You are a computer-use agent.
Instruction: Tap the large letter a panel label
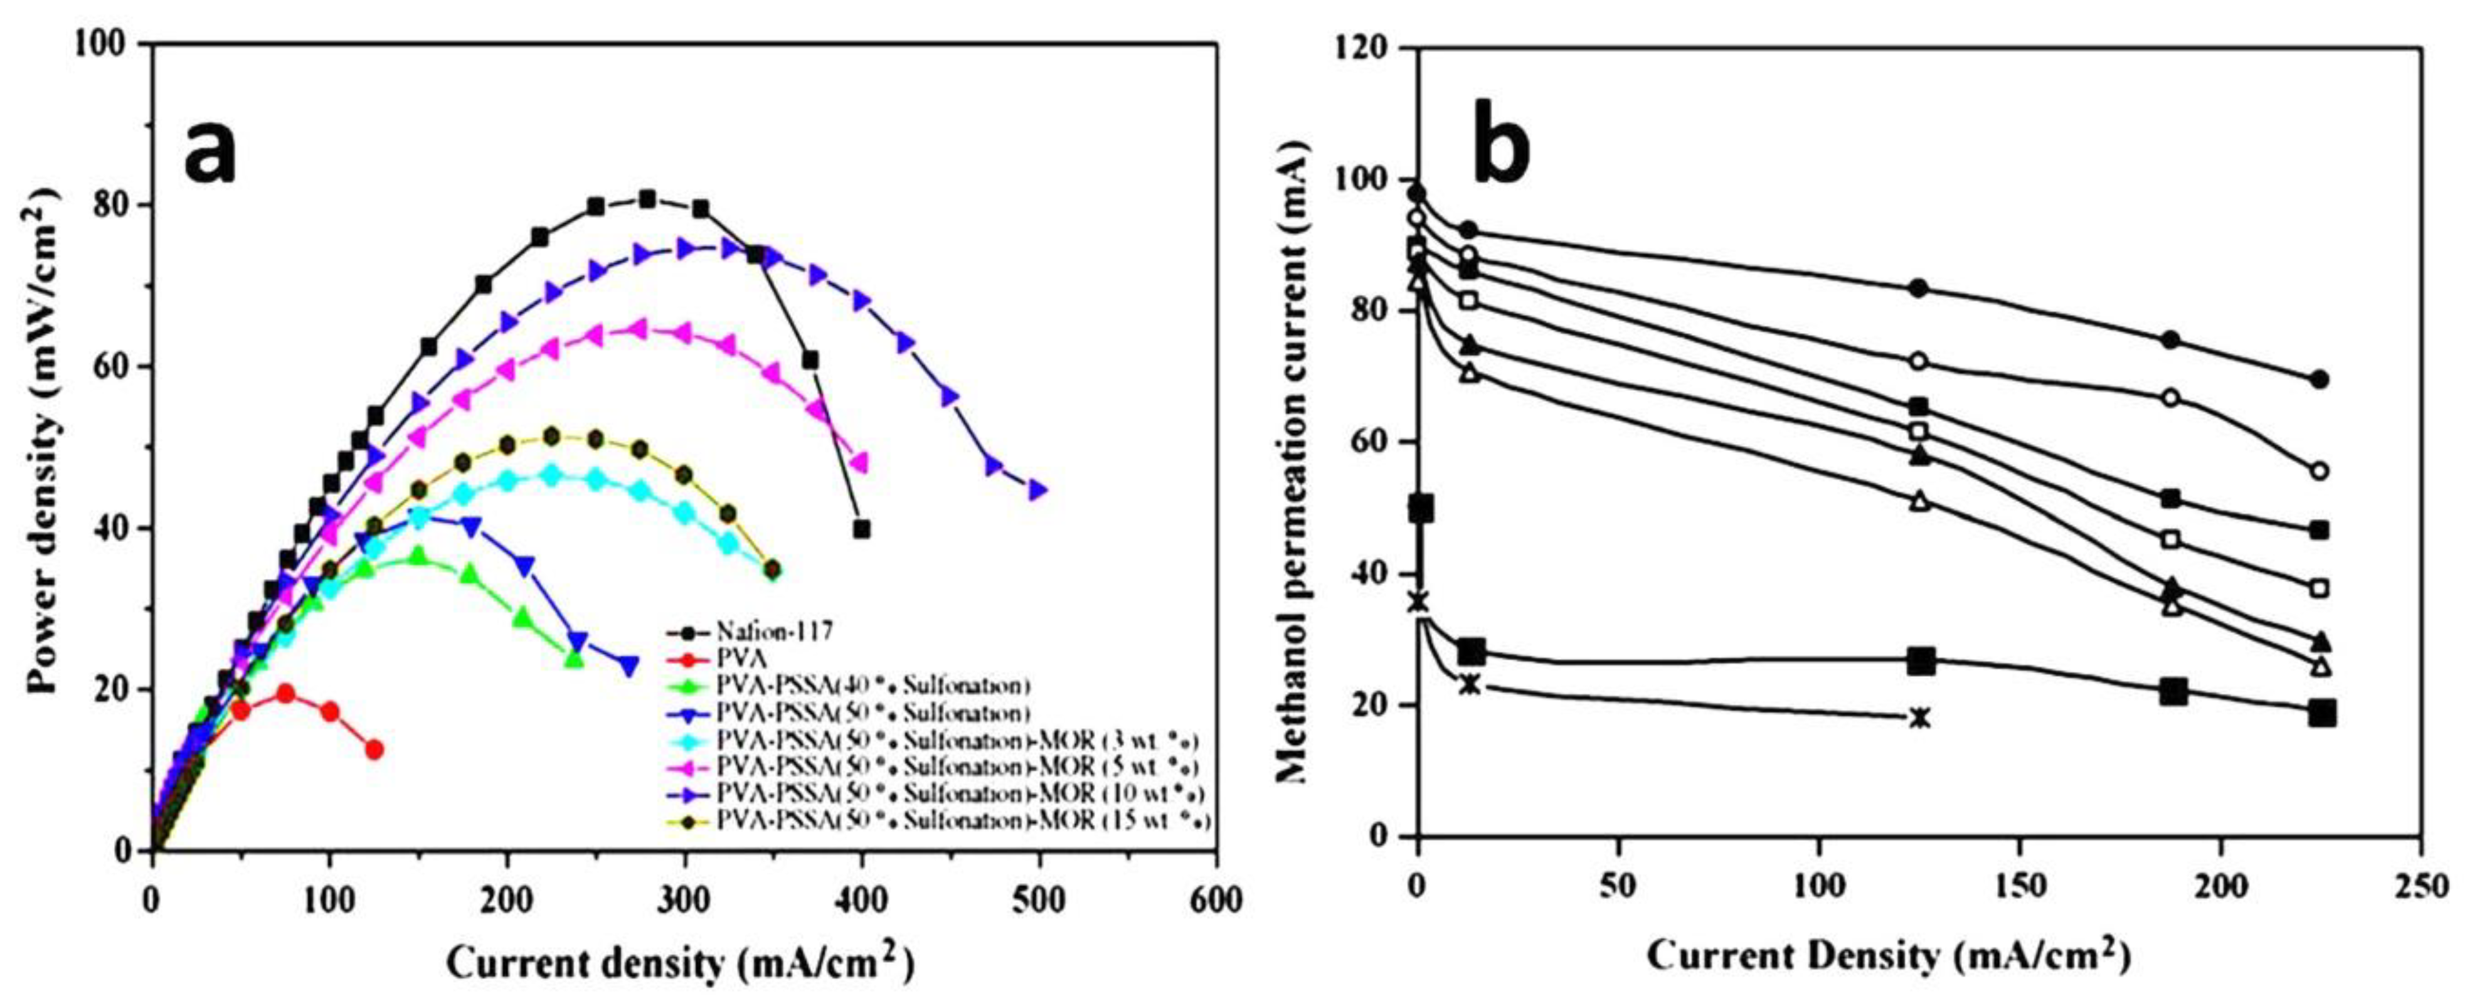210,153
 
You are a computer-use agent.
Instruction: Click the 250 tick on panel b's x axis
2419,885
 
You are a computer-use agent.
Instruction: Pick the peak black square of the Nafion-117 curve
647,199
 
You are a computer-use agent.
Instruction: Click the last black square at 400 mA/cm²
862,529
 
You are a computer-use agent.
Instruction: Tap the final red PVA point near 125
374,750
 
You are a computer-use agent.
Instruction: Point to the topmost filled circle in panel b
1416,193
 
